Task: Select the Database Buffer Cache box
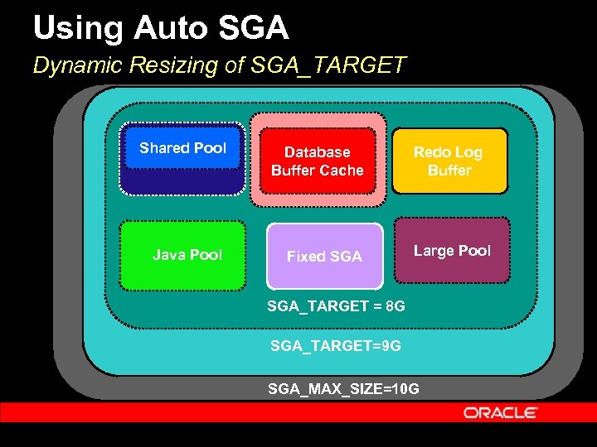(x=318, y=161)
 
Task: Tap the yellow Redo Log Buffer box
(x=449, y=161)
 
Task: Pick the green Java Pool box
(x=183, y=255)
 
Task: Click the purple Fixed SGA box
(x=324, y=257)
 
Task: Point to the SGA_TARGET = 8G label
(x=336, y=306)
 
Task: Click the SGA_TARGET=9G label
(x=336, y=346)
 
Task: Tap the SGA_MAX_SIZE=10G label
(x=343, y=388)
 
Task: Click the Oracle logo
(x=501, y=412)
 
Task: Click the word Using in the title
(x=71, y=29)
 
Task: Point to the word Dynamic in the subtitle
(x=69, y=65)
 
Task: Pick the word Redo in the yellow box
(x=430, y=152)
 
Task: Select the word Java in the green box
(x=168, y=255)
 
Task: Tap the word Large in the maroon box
(x=433, y=251)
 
